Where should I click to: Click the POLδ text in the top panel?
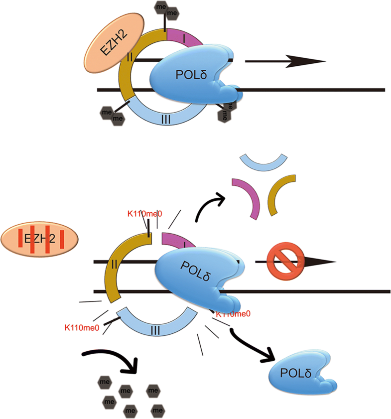coord(190,74)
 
